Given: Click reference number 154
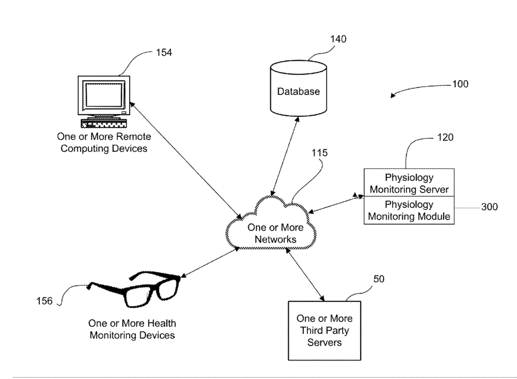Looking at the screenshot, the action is [164, 53].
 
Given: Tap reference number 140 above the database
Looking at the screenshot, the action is [338, 39].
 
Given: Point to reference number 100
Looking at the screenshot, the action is [460, 84].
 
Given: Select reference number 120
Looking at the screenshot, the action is [445, 137].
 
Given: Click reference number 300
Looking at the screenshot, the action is [489, 207].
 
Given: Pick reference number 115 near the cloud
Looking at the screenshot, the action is [319, 153].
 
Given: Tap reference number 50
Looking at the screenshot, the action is [379, 279].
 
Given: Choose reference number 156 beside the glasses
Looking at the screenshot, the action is [44, 301].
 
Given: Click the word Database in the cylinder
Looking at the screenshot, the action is [298, 91].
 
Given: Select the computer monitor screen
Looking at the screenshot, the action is [104, 94].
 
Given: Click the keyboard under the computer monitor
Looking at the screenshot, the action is [104, 124].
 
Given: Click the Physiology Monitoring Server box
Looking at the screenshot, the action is [409, 183].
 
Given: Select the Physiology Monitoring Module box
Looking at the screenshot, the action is [409, 211].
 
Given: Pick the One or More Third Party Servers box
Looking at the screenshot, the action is [324, 331].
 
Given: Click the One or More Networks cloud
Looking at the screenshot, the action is [272, 224].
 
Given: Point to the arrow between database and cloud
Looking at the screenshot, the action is [284, 156].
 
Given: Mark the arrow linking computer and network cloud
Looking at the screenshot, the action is [186, 161].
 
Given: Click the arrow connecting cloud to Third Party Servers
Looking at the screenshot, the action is [305, 275].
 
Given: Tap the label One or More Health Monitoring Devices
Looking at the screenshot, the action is [132, 329].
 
